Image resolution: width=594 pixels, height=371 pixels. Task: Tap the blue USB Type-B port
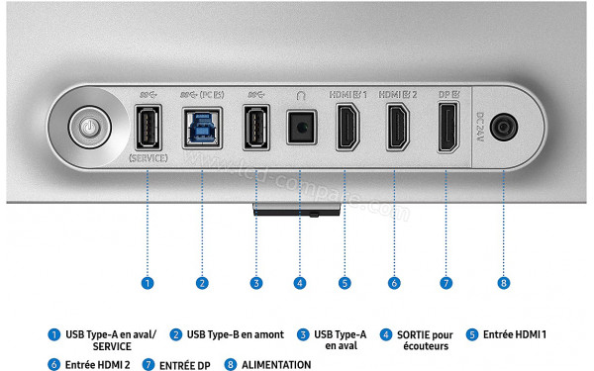(x=201, y=127)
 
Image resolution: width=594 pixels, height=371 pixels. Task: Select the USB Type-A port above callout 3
(x=256, y=127)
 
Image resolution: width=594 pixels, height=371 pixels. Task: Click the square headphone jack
(x=300, y=128)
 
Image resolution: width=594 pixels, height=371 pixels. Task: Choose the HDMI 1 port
(x=347, y=128)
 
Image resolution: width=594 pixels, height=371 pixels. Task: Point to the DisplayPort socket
(x=446, y=128)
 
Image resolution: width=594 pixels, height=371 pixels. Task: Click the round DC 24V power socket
(x=504, y=128)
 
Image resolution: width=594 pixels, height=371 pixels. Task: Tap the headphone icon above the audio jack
(x=300, y=96)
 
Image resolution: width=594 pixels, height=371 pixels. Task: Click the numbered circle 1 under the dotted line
(x=147, y=283)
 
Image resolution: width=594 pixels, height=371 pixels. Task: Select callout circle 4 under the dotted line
(x=300, y=283)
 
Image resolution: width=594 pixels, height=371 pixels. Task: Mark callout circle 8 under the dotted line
(x=504, y=283)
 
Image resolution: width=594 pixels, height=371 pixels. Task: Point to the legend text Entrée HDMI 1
(x=515, y=334)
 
